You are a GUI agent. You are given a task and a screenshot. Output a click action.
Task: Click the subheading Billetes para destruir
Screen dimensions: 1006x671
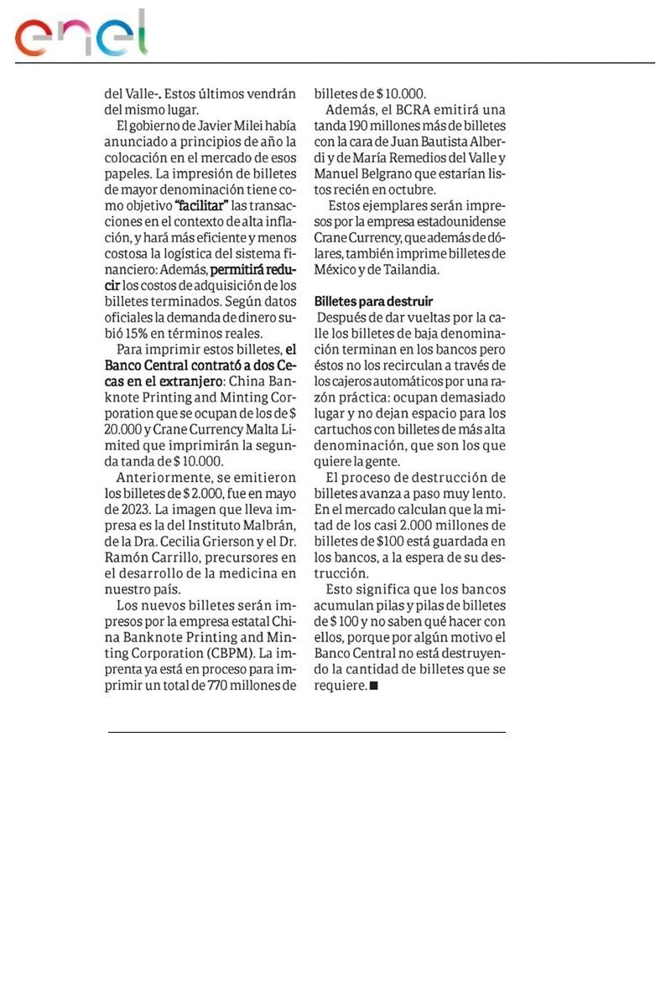tap(373, 300)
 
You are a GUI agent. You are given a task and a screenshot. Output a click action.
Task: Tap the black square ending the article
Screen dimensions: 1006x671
tap(373, 686)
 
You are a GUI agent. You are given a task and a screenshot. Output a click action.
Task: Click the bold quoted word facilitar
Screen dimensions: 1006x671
tap(202, 206)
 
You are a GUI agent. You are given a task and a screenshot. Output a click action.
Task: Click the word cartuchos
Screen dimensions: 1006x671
tap(343, 430)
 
